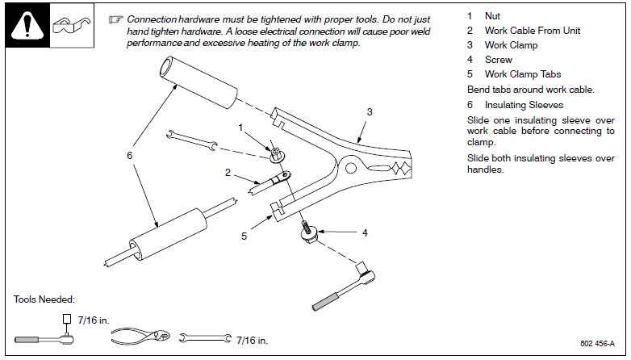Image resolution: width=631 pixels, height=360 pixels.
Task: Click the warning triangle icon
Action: [27, 27]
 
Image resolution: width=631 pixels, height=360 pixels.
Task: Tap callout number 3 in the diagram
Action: [370, 113]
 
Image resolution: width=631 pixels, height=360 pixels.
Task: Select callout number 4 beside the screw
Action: [365, 232]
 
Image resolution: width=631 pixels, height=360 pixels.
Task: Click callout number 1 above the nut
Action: [240, 127]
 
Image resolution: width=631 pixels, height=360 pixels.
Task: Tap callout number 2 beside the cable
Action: [228, 172]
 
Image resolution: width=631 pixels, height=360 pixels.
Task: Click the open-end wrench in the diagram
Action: [191, 139]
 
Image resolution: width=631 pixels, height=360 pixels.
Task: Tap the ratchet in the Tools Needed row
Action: [49, 337]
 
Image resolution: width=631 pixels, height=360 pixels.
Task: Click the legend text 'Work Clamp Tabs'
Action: [522, 74]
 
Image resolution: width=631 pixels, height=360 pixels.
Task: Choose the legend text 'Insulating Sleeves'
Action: [524, 105]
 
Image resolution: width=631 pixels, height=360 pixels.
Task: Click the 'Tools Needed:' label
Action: [44, 299]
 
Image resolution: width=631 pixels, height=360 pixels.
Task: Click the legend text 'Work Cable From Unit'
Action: [532, 31]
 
